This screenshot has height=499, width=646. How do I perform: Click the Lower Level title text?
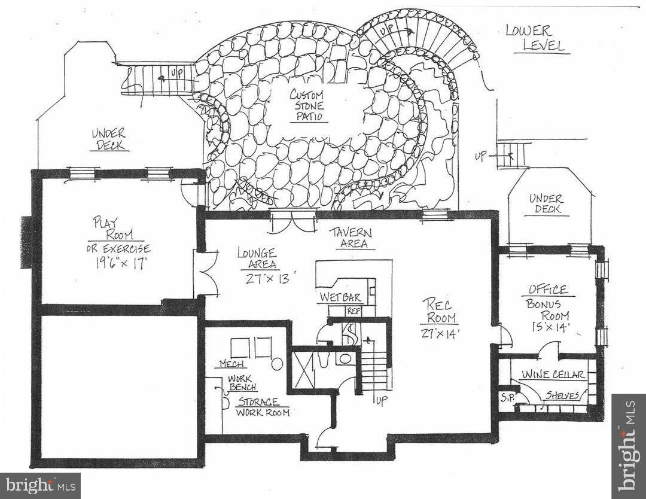point(536,38)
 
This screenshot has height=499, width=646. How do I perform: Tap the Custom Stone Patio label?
point(307,105)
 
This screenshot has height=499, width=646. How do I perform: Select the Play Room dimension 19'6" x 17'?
point(118,264)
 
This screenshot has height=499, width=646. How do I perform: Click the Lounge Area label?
point(256,257)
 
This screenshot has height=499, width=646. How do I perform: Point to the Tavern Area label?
point(352,238)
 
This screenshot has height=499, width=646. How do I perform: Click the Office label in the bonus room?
point(547,290)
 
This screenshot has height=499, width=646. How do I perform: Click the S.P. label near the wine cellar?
point(506,396)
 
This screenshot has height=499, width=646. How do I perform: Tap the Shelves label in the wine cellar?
point(562,395)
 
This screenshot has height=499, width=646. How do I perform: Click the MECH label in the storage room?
point(230,364)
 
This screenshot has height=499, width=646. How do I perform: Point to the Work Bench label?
point(242,383)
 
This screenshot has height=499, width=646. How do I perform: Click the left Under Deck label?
point(109,139)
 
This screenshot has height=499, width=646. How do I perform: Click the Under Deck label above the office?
point(546,204)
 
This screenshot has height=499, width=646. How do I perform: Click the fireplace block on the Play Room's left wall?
point(26,242)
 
